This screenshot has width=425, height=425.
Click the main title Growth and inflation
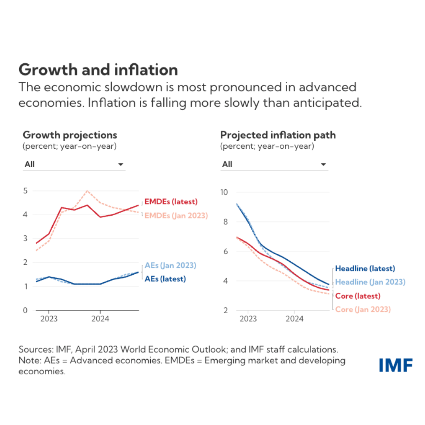(x=98, y=70)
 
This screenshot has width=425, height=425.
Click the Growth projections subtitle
(x=70, y=135)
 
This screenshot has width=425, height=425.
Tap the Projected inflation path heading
(x=278, y=135)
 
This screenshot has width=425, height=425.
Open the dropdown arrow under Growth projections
(x=121, y=164)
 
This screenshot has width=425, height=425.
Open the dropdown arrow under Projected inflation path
(x=323, y=164)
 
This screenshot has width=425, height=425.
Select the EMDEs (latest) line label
(x=171, y=202)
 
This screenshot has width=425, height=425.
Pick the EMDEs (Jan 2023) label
(x=176, y=216)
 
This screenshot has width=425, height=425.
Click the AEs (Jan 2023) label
(x=170, y=265)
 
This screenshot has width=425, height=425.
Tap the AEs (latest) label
(x=165, y=279)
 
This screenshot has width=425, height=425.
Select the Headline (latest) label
(x=365, y=268)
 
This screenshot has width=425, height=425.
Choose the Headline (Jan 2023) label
(x=370, y=282)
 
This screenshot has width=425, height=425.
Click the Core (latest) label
(x=358, y=296)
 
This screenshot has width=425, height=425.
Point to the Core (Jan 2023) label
(x=363, y=309)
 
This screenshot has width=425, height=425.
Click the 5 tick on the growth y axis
(x=26, y=191)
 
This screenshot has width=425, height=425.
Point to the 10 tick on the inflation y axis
(x=224, y=192)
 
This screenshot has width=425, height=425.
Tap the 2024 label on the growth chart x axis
(x=100, y=319)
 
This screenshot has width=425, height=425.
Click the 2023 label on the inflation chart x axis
(x=248, y=319)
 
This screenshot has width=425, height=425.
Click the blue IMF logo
(x=396, y=365)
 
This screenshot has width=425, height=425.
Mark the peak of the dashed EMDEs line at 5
(x=87, y=191)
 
